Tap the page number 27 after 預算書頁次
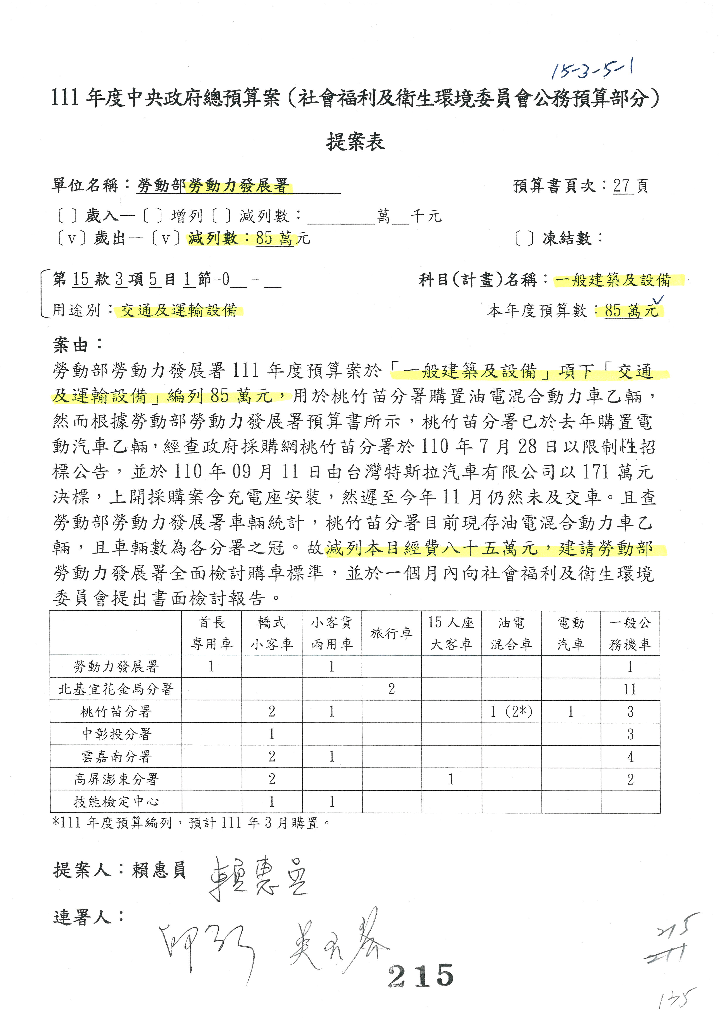click(622, 186)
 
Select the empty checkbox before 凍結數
click(524, 239)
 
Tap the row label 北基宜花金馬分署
click(115, 689)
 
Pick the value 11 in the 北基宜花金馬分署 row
click(630, 689)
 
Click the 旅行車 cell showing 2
click(391, 689)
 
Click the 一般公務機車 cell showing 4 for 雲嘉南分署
click(630, 756)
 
